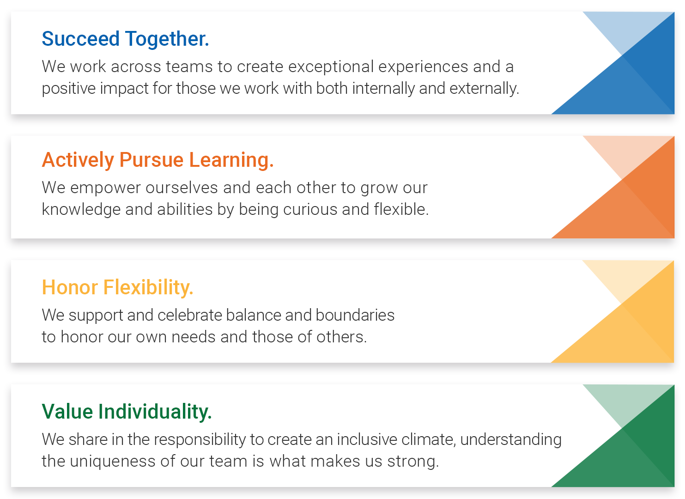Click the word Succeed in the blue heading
(x=80, y=39)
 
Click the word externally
(x=485, y=88)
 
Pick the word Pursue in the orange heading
(x=152, y=160)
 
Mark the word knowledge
(x=81, y=210)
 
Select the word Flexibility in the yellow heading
(x=148, y=288)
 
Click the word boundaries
(x=355, y=316)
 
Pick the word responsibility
(x=200, y=440)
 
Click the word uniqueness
(x=113, y=462)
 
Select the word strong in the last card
(x=413, y=462)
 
